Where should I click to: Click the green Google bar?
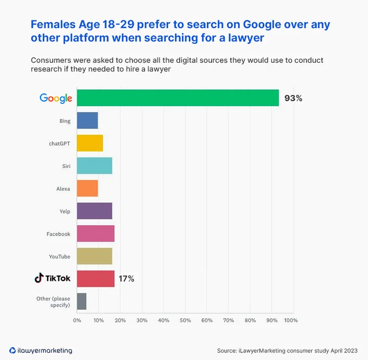(x=178, y=97)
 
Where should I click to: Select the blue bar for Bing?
(x=88, y=121)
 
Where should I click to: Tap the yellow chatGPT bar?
(x=90, y=143)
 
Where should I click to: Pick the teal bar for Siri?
(x=95, y=166)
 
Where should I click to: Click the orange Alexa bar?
(x=88, y=188)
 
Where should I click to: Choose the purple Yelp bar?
(x=95, y=211)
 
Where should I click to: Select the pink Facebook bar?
(x=96, y=233)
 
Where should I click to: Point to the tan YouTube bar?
(x=95, y=256)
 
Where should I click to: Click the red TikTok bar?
(x=96, y=279)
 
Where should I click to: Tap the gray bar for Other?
(x=82, y=302)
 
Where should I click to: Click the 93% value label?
(x=293, y=98)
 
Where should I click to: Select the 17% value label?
(x=126, y=279)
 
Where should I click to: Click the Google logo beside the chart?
(x=56, y=99)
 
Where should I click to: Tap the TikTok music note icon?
(x=39, y=278)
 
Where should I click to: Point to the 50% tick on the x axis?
(x=185, y=320)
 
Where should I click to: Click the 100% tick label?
(x=291, y=320)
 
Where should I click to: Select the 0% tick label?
(x=77, y=320)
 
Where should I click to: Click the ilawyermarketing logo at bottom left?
(x=41, y=350)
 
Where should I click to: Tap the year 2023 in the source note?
(x=350, y=351)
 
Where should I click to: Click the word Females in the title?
(x=53, y=24)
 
